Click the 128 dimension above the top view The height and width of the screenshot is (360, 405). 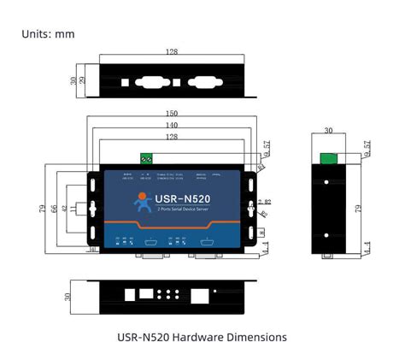172,52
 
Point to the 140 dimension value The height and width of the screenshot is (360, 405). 172,126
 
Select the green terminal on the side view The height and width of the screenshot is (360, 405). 328,158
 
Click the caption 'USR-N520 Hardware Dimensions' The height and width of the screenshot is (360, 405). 202,337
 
